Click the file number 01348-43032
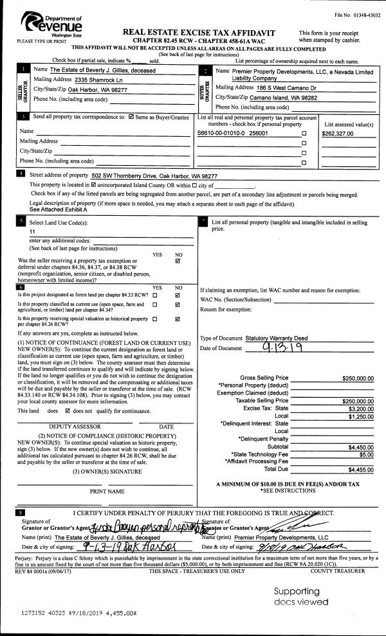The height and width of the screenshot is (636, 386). click(357, 15)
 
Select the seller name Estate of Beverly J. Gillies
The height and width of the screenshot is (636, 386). click(103, 70)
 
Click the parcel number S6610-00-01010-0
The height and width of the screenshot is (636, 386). click(226, 134)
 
